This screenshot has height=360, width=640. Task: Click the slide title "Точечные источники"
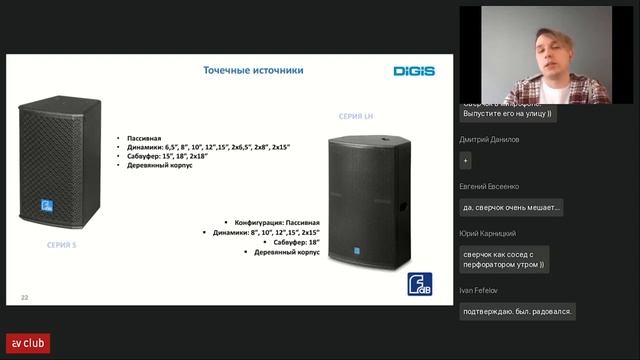click(x=253, y=71)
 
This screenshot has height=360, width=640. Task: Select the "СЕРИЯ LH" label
click(x=356, y=116)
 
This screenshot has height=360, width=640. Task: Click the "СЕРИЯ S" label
click(x=62, y=244)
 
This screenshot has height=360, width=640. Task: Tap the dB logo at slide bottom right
click(x=419, y=284)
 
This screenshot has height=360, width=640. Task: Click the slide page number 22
click(x=25, y=298)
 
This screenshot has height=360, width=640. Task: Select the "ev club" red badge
click(x=28, y=343)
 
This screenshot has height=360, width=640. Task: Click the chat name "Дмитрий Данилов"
click(x=490, y=140)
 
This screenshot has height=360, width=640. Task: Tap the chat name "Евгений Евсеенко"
click(x=490, y=187)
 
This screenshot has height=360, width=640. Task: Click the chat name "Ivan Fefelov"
click(x=480, y=290)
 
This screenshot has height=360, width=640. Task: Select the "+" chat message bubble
click(x=466, y=162)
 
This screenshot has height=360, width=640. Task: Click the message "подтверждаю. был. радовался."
click(x=517, y=311)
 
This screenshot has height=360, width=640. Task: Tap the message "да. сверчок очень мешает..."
click(x=511, y=208)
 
